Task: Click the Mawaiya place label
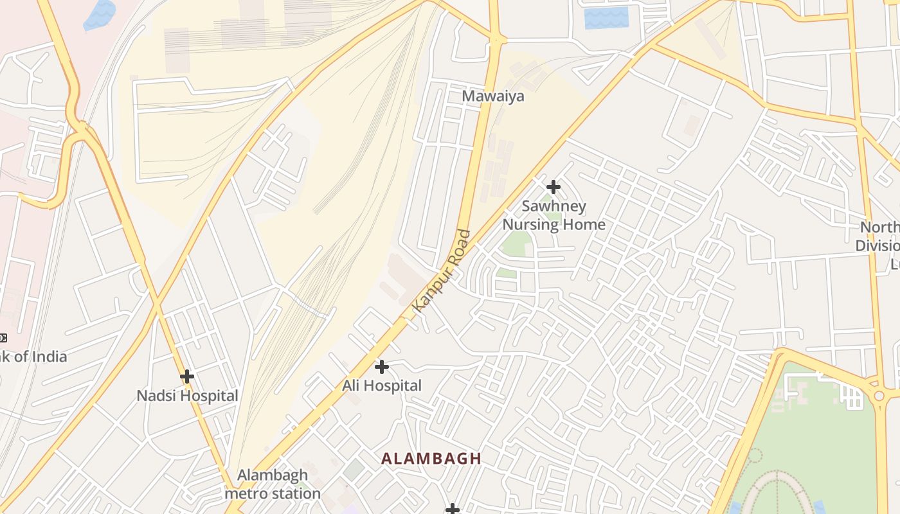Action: [493, 96]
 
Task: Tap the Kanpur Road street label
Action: [442, 271]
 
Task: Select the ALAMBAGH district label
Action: [431, 458]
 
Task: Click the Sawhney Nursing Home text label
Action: [553, 215]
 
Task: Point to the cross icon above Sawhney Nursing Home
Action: [553, 187]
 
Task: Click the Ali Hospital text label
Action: [382, 385]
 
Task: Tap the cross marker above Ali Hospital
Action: [381, 367]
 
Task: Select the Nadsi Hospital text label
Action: [187, 396]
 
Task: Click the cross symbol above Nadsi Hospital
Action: [187, 376]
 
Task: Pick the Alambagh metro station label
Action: [273, 484]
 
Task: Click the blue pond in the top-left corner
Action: [99, 15]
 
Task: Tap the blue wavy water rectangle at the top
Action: [606, 17]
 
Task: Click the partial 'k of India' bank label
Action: [33, 357]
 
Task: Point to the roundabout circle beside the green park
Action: [879, 396]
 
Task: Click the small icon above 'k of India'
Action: [3, 337]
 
